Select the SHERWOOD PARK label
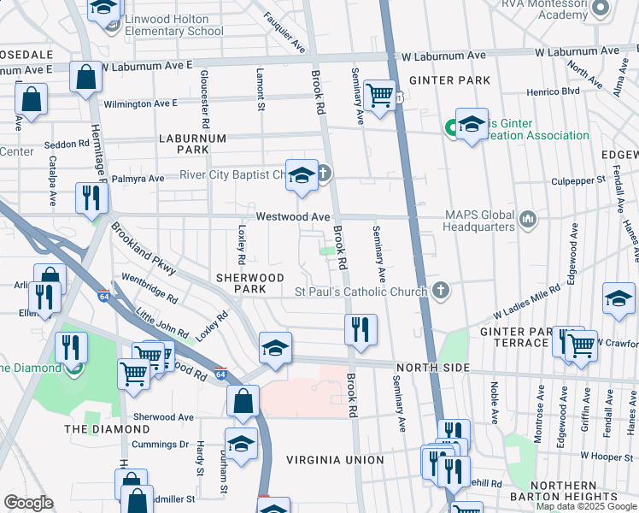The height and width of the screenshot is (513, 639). pyautogui.click(x=249, y=284)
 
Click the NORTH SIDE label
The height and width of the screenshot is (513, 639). pyautogui.click(x=431, y=368)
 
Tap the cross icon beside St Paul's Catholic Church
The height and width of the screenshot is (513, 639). pyautogui.click(x=440, y=291)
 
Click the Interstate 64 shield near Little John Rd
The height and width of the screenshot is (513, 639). pyautogui.click(x=220, y=374)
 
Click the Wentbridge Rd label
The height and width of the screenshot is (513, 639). pyautogui.click(x=149, y=289)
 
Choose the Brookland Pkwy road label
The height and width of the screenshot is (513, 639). pyautogui.click(x=143, y=250)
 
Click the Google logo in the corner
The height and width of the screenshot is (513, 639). pyautogui.click(x=28, y=503)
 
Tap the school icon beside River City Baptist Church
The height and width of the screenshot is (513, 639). pyautogui.click(x=300, y=175)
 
